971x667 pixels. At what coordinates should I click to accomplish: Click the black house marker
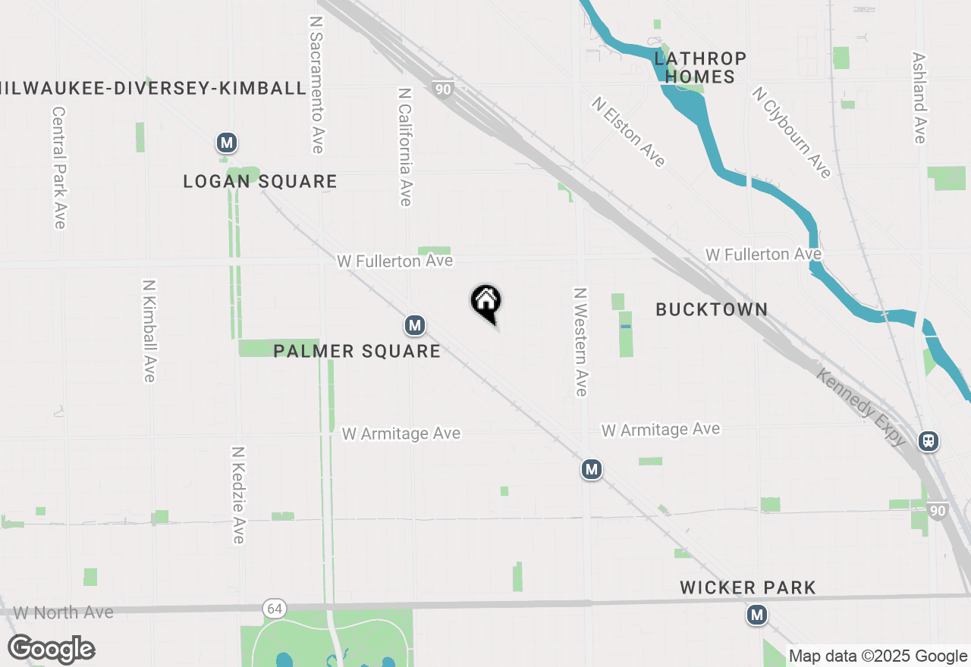(486, 302)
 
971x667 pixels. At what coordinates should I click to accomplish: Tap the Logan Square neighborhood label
(260, 182)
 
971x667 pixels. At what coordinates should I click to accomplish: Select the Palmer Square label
(357, 351)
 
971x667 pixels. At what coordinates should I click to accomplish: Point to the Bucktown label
(712, 309)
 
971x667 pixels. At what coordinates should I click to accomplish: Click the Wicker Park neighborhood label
(748, 587)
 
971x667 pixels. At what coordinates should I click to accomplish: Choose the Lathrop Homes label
(700, 67)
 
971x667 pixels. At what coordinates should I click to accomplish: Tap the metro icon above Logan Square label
(226, 142)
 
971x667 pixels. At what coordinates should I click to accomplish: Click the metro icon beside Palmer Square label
(414, 326)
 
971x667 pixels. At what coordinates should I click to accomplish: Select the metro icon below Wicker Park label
(756, 615)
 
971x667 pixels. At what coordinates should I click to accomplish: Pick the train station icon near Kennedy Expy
(929, 441)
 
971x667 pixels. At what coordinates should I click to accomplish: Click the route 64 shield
(274, 608)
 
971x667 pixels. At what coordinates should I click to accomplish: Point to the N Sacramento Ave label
(316, 83)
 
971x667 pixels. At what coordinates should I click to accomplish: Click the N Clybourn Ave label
(791, 133)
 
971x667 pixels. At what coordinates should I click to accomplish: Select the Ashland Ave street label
(919, 98)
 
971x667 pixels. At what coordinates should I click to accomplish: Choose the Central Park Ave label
(60, 167)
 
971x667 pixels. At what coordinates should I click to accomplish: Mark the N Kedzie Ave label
(238, 494)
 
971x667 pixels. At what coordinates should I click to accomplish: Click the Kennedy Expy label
(861, 407)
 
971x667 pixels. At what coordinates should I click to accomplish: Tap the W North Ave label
(64, 612)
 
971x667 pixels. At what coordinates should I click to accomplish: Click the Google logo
(51, 649)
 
